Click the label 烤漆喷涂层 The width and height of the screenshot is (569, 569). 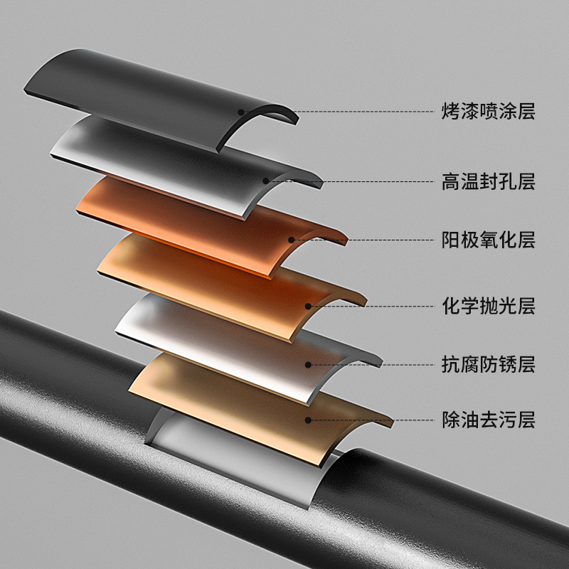click(x=487, y=111)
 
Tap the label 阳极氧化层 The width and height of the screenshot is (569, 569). click(x=487, y=240)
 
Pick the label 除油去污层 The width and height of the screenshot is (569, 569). click(x=487, y=420)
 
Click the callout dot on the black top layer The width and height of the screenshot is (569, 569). click(x=241, y=112)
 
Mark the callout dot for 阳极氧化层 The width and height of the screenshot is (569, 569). click(x=292, y=240)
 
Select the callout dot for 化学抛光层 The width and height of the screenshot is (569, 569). click(x=308, y=307)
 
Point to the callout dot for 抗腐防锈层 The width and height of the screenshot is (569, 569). click(x=308, y=365)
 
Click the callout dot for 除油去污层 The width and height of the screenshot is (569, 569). click(x=308, y=420)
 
